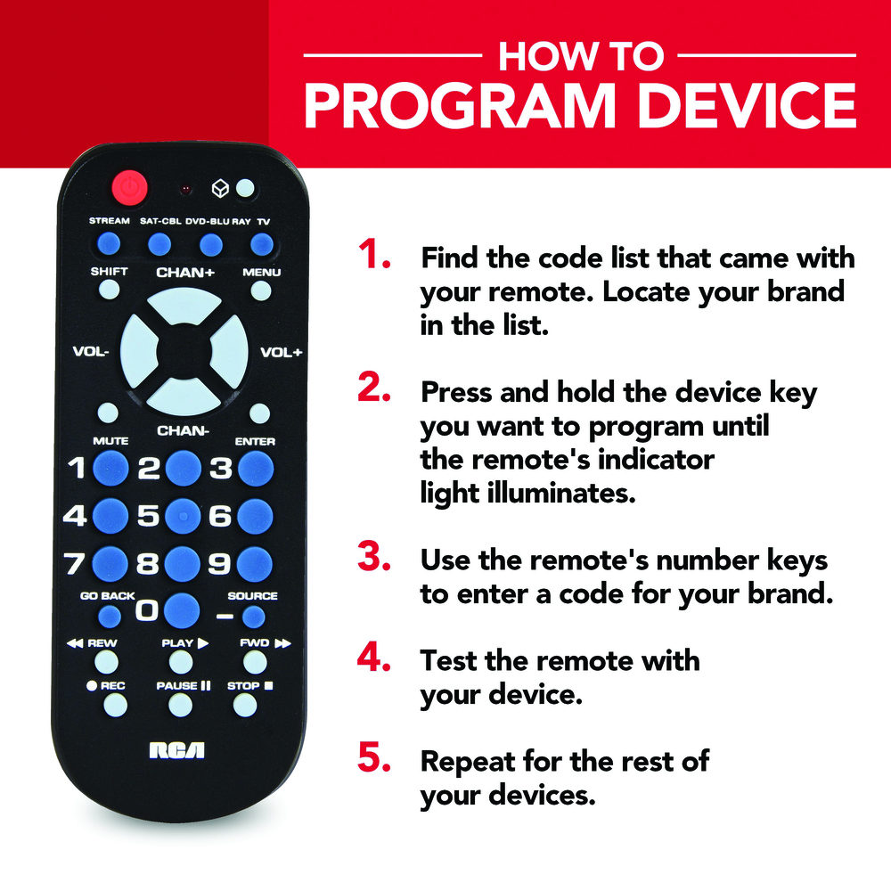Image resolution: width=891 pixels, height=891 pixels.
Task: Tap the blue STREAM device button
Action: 109,244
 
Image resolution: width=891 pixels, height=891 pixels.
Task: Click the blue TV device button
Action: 261,245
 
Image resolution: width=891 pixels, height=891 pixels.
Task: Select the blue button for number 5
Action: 183,516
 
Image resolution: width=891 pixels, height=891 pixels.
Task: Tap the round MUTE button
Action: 108,413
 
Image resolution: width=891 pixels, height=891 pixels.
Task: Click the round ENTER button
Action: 259,413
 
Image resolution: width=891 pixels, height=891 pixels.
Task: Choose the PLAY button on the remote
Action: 181,662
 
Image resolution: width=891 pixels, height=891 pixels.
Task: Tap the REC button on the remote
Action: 115,705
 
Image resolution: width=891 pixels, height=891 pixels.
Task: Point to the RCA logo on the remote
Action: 176,750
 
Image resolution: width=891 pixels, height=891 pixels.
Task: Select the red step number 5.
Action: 374,757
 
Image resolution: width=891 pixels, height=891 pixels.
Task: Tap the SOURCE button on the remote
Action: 253,617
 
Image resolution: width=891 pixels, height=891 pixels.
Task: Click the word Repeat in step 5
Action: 467,763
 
